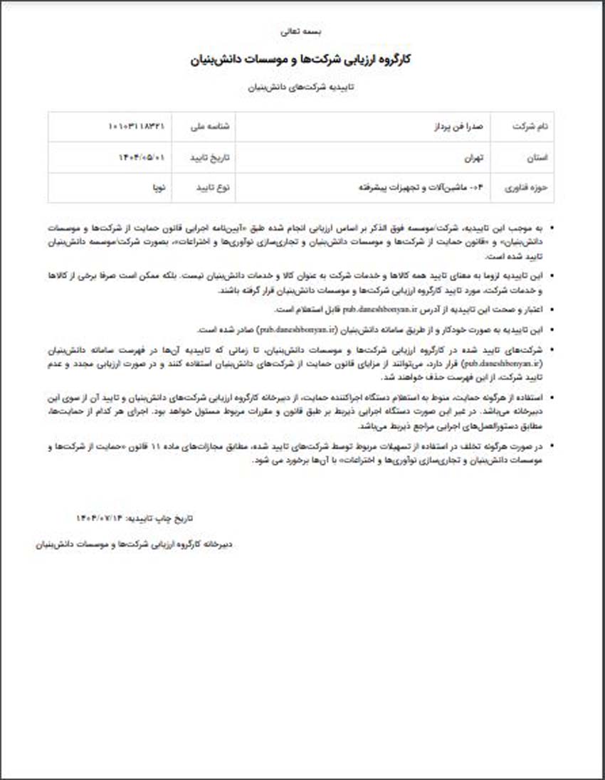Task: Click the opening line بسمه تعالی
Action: [302, 31]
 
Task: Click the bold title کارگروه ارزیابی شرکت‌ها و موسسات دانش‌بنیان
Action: [302, 60]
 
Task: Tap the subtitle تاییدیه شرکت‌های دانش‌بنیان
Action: [302, 88]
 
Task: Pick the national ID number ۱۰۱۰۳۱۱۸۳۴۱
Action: [137, 126]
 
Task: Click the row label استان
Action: [539, 157]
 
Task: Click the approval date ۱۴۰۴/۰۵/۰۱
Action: [141, 157]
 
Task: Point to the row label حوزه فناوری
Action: [527, 188]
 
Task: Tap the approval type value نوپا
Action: [157, 188]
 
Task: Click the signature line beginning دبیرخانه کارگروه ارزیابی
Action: [135, 544]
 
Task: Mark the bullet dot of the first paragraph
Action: [553, 229]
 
